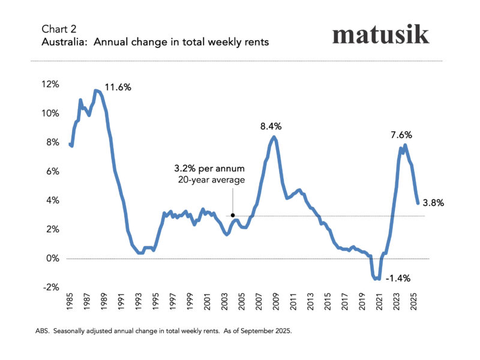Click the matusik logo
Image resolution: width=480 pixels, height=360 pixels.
click(381, 34)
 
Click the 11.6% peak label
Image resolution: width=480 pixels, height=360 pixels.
click(118, 88)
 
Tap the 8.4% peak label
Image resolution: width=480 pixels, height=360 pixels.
click(271, 127)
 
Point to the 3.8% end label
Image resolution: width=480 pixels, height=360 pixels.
click(433, 203)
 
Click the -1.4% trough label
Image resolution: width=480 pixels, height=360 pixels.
click(398, 278)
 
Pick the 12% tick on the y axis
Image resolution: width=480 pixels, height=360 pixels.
click(50, 85)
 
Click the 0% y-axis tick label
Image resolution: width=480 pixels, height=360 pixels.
click(52, 259)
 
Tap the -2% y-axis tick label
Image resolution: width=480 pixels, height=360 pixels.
click(51, 287)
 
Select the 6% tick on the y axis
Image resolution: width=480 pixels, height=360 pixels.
click(52, 172)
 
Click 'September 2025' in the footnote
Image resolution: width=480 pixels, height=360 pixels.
click(266, 331)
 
